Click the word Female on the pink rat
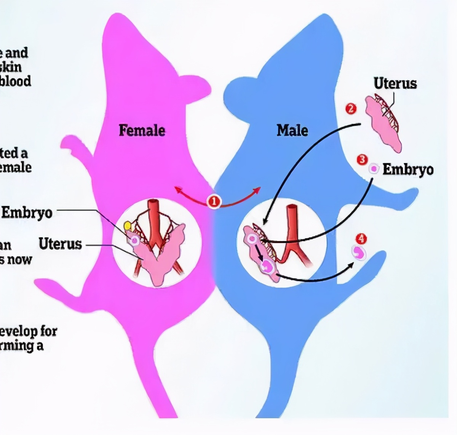pyautogui.click(x=142, y=131)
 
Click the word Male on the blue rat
pyautogui.click(x=292, y=131)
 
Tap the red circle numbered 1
pyautogui.click(x=214, y=201)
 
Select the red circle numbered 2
pyautogui.click(x=351, y=109)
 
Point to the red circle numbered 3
pyautogui.click(x=362, y=160)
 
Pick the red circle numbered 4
pyautogui.click(x=361, y=239)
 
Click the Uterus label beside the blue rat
pyautogui.click(x=395, y=83)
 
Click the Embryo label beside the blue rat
pyautogui.click(x=408, y=170)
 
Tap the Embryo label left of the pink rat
pyautogui.click(x=27, y=213)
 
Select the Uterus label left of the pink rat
pyautogui.click(x=60, y=244)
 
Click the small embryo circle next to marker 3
pyautogui.click(x=374, y=168)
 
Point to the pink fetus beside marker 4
pyautogui.click(x=359, y=252)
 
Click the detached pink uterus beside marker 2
pyautogui.click(x=383, y=122)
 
